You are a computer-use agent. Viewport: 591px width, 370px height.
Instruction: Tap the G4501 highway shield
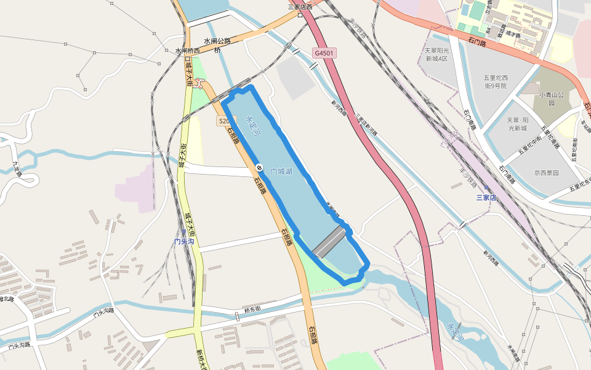[324, 54]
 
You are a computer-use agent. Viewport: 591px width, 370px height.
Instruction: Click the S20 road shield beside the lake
[225, 121]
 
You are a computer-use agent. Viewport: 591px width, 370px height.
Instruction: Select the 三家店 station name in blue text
[486, 197]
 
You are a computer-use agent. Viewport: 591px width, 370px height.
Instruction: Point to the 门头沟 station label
[184, 241]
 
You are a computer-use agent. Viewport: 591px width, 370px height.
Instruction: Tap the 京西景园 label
[546, 173]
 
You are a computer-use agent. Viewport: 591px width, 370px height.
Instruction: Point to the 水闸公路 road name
[217, 41]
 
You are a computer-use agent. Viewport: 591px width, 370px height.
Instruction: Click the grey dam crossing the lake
[329, 241]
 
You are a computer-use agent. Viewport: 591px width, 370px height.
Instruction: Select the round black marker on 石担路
[259, 168]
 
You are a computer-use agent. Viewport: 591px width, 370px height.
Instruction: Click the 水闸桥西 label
[187, 51]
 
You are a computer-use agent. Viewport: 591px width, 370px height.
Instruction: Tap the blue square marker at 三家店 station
[486, 188]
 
